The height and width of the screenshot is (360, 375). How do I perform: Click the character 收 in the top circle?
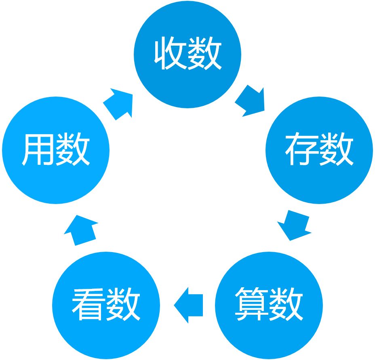pos(171,54)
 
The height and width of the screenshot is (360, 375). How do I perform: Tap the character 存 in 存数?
pos(302,150)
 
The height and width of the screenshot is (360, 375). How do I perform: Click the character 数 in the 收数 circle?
pos(205,54)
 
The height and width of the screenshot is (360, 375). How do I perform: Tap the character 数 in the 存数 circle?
pos(337,150)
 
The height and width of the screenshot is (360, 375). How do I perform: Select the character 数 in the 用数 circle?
pos(73,150)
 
